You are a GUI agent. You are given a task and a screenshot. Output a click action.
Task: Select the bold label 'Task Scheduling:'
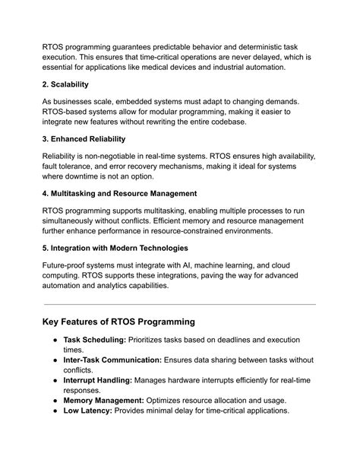[x=94, y=340]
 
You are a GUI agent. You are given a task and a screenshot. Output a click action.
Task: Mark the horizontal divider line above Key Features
[x=179, y=304]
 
